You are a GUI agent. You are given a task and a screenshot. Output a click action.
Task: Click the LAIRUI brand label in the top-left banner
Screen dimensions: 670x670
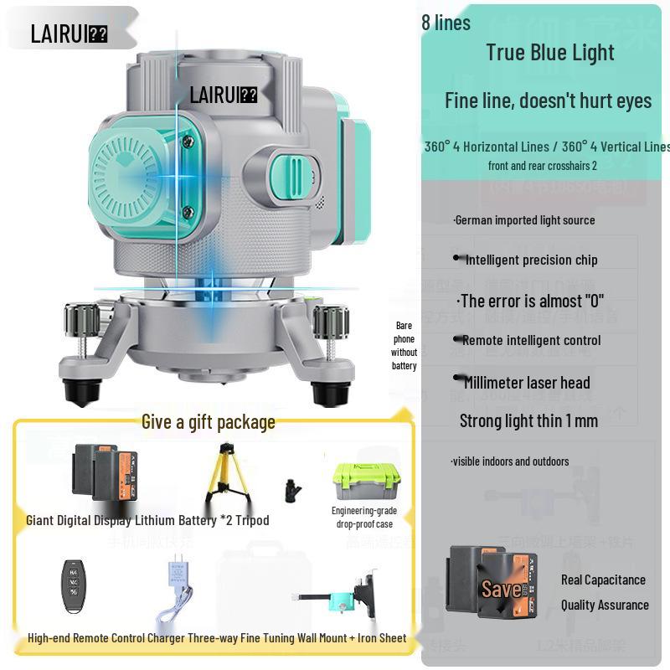69,33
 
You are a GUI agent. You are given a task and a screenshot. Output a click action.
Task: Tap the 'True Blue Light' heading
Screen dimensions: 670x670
550,52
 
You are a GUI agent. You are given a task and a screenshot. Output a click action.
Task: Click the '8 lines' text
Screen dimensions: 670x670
446,23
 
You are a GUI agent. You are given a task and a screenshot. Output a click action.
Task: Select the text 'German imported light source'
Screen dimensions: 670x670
524,220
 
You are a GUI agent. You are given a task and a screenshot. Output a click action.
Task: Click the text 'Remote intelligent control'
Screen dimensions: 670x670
530,340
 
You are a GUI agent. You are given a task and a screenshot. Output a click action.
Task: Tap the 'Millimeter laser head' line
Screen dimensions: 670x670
526,383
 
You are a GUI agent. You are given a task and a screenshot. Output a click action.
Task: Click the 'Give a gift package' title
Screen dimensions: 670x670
208,421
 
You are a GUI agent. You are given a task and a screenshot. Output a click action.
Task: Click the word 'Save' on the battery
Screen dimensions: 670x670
501,589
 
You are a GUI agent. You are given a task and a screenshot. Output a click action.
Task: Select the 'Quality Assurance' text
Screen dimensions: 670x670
605,605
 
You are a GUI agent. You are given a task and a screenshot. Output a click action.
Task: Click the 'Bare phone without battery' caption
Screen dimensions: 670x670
404,345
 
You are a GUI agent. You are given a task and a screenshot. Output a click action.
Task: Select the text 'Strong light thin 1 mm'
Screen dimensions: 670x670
528,420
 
